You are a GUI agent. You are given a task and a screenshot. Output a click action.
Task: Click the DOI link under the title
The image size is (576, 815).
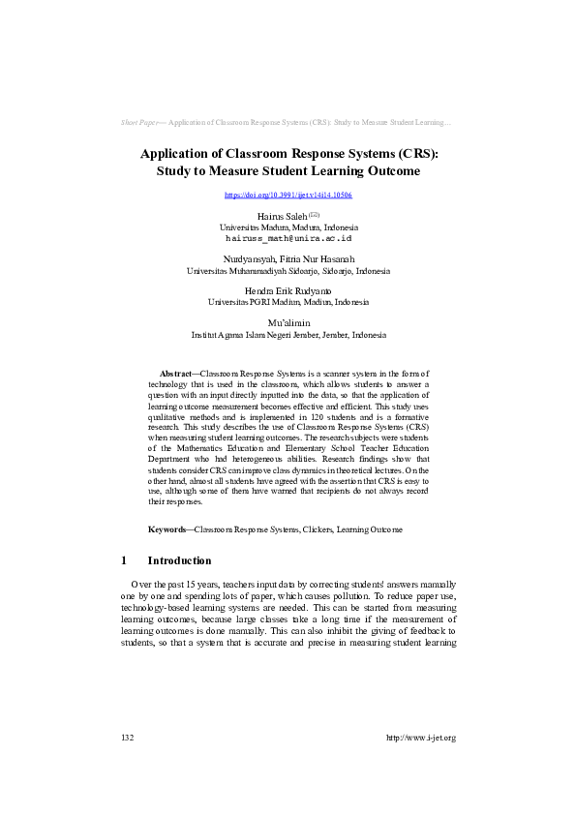pos(288,195)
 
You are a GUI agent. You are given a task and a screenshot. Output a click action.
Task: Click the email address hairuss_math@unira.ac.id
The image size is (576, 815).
pos(288,236)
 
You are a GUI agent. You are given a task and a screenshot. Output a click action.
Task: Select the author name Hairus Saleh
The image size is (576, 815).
pos(282,216)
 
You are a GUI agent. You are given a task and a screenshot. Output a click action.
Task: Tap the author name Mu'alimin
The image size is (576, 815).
pos(288,323)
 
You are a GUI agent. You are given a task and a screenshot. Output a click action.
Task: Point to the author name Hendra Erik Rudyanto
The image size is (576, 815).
pos(288,291)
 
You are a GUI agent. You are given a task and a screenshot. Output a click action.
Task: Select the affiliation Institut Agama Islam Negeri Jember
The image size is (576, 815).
pos(288,335)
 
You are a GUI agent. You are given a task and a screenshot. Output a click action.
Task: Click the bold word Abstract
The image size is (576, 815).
pos(175,372)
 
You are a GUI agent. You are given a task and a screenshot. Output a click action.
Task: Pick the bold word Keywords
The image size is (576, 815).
pos(169,529)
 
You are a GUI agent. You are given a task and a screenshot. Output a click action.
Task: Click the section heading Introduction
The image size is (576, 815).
pos(179,560)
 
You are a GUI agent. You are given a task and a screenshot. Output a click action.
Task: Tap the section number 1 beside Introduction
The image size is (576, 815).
pos(124,560)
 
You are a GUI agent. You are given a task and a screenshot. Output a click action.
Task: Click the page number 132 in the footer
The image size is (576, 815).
pos(127,738)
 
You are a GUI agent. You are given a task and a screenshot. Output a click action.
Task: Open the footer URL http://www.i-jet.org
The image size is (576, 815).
pos(421,738)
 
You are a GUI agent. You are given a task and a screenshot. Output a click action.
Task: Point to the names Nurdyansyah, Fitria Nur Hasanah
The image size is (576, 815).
pos(288,259)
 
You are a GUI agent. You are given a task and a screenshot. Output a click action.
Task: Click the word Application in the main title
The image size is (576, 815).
pos(177,153)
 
